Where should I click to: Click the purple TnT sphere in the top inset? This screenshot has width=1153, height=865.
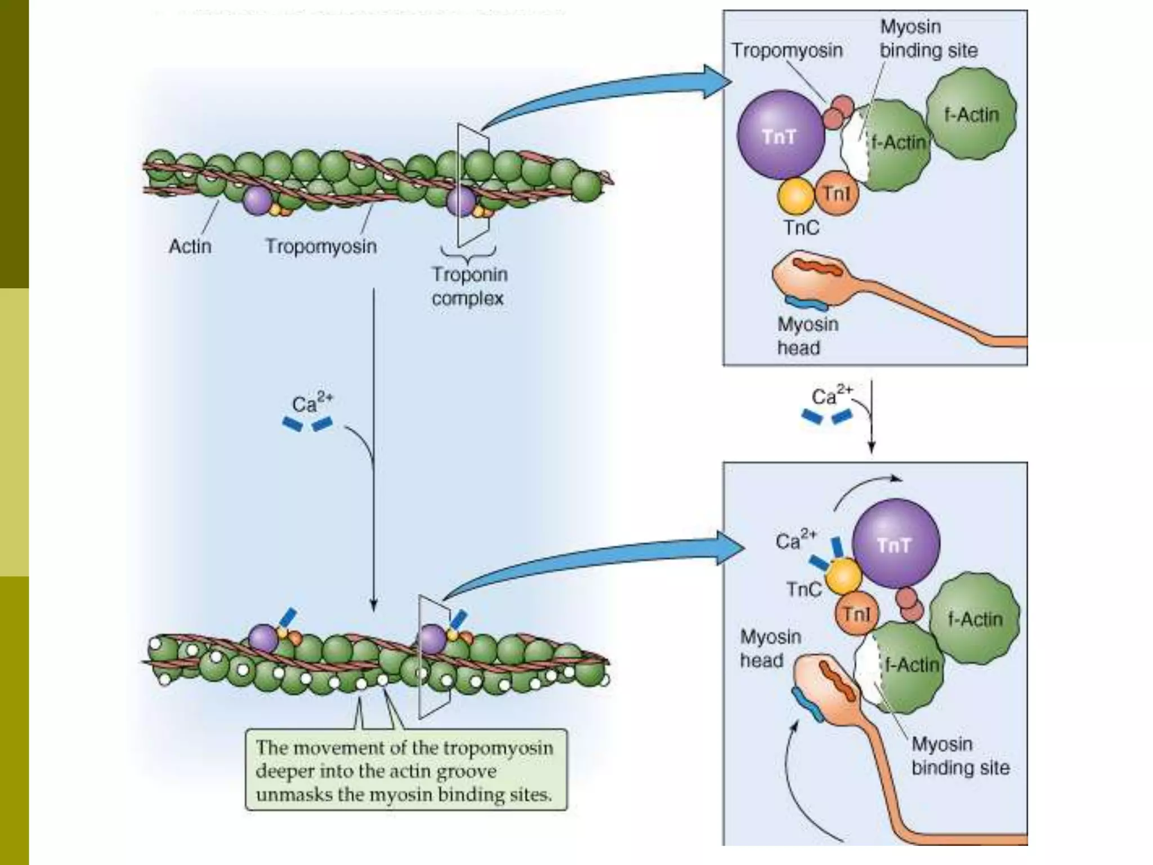[x=780, y=135]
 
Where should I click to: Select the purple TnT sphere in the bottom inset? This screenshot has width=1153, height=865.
[x=895, y=543]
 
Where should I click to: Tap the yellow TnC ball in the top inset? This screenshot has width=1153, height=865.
[x=796, y=195]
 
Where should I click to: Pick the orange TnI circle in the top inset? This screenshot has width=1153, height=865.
[x=837, y=194]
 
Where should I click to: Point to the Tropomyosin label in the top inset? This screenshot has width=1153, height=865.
[x=786, y=51]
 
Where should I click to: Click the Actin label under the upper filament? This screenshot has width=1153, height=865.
[x=190, y=247]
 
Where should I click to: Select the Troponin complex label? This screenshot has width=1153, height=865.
[x=469, y=286]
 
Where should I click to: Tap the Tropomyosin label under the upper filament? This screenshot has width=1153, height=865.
[x=321, y=247]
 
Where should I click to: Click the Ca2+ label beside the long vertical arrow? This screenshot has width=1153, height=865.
[x=311, y=403]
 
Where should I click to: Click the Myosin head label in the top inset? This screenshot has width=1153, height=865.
[x=807, y=336]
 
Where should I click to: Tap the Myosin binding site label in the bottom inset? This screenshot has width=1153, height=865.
[x=960, y=756]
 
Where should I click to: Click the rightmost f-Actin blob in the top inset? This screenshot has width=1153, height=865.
[x=971, y=114]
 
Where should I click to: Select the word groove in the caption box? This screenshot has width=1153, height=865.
[x=467, y=771]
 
